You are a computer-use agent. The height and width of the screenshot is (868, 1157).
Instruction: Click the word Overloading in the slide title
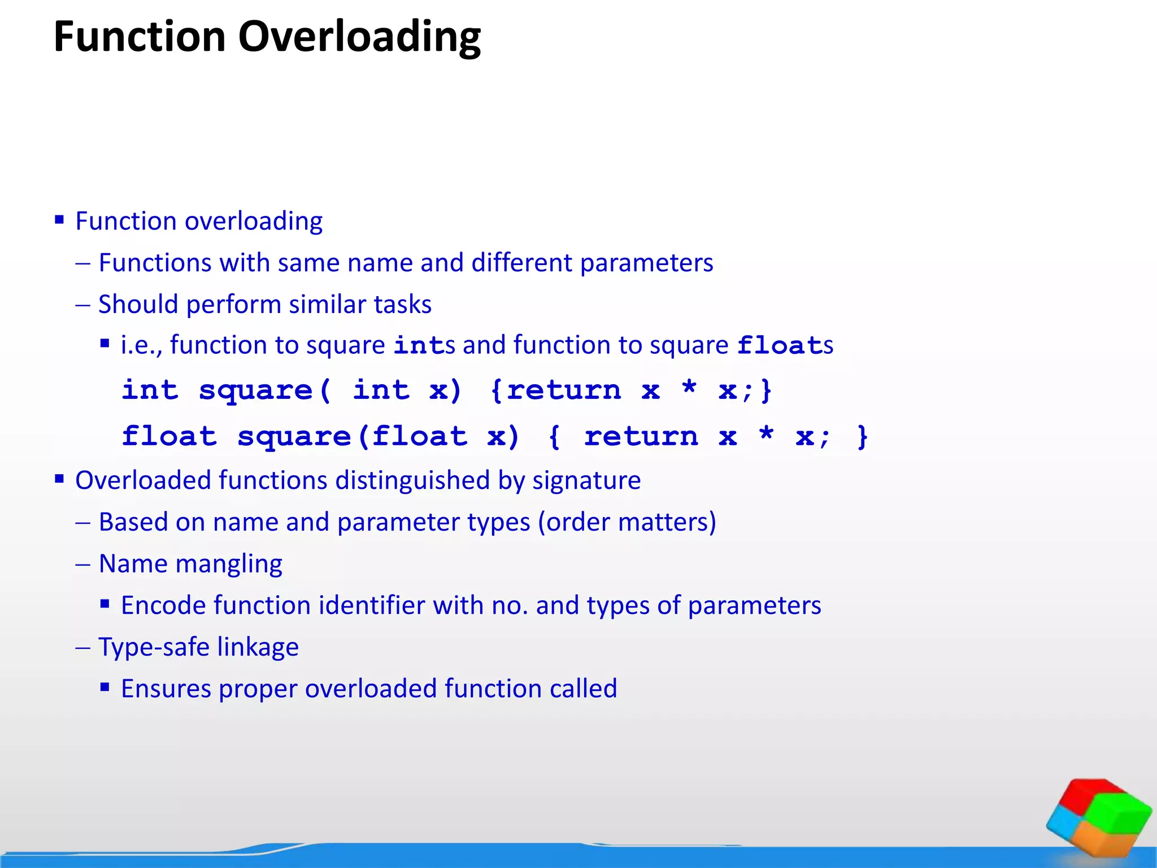tap(359, 37)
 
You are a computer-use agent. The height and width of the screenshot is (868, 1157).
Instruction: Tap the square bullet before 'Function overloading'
tap(59, 220)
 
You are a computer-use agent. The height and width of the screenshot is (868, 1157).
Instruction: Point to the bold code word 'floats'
tap(784, 345)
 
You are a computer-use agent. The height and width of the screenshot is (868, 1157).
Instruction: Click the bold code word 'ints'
tap(424, 345)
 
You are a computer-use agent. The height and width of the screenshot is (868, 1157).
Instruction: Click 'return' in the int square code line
tap(563, 390)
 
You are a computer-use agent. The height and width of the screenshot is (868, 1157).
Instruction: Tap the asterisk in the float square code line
tap(766, 435)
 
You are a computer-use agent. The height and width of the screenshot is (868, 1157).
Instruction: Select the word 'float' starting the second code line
tap(169, 436)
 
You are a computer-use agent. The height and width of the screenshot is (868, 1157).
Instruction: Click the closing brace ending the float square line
tap(862, 436)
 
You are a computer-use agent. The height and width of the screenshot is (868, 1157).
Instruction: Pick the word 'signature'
tap(586, 480)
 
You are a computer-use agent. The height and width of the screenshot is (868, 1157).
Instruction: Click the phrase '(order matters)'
tap(627, 522)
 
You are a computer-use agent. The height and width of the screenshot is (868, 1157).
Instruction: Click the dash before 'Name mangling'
tap(83, 565)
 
